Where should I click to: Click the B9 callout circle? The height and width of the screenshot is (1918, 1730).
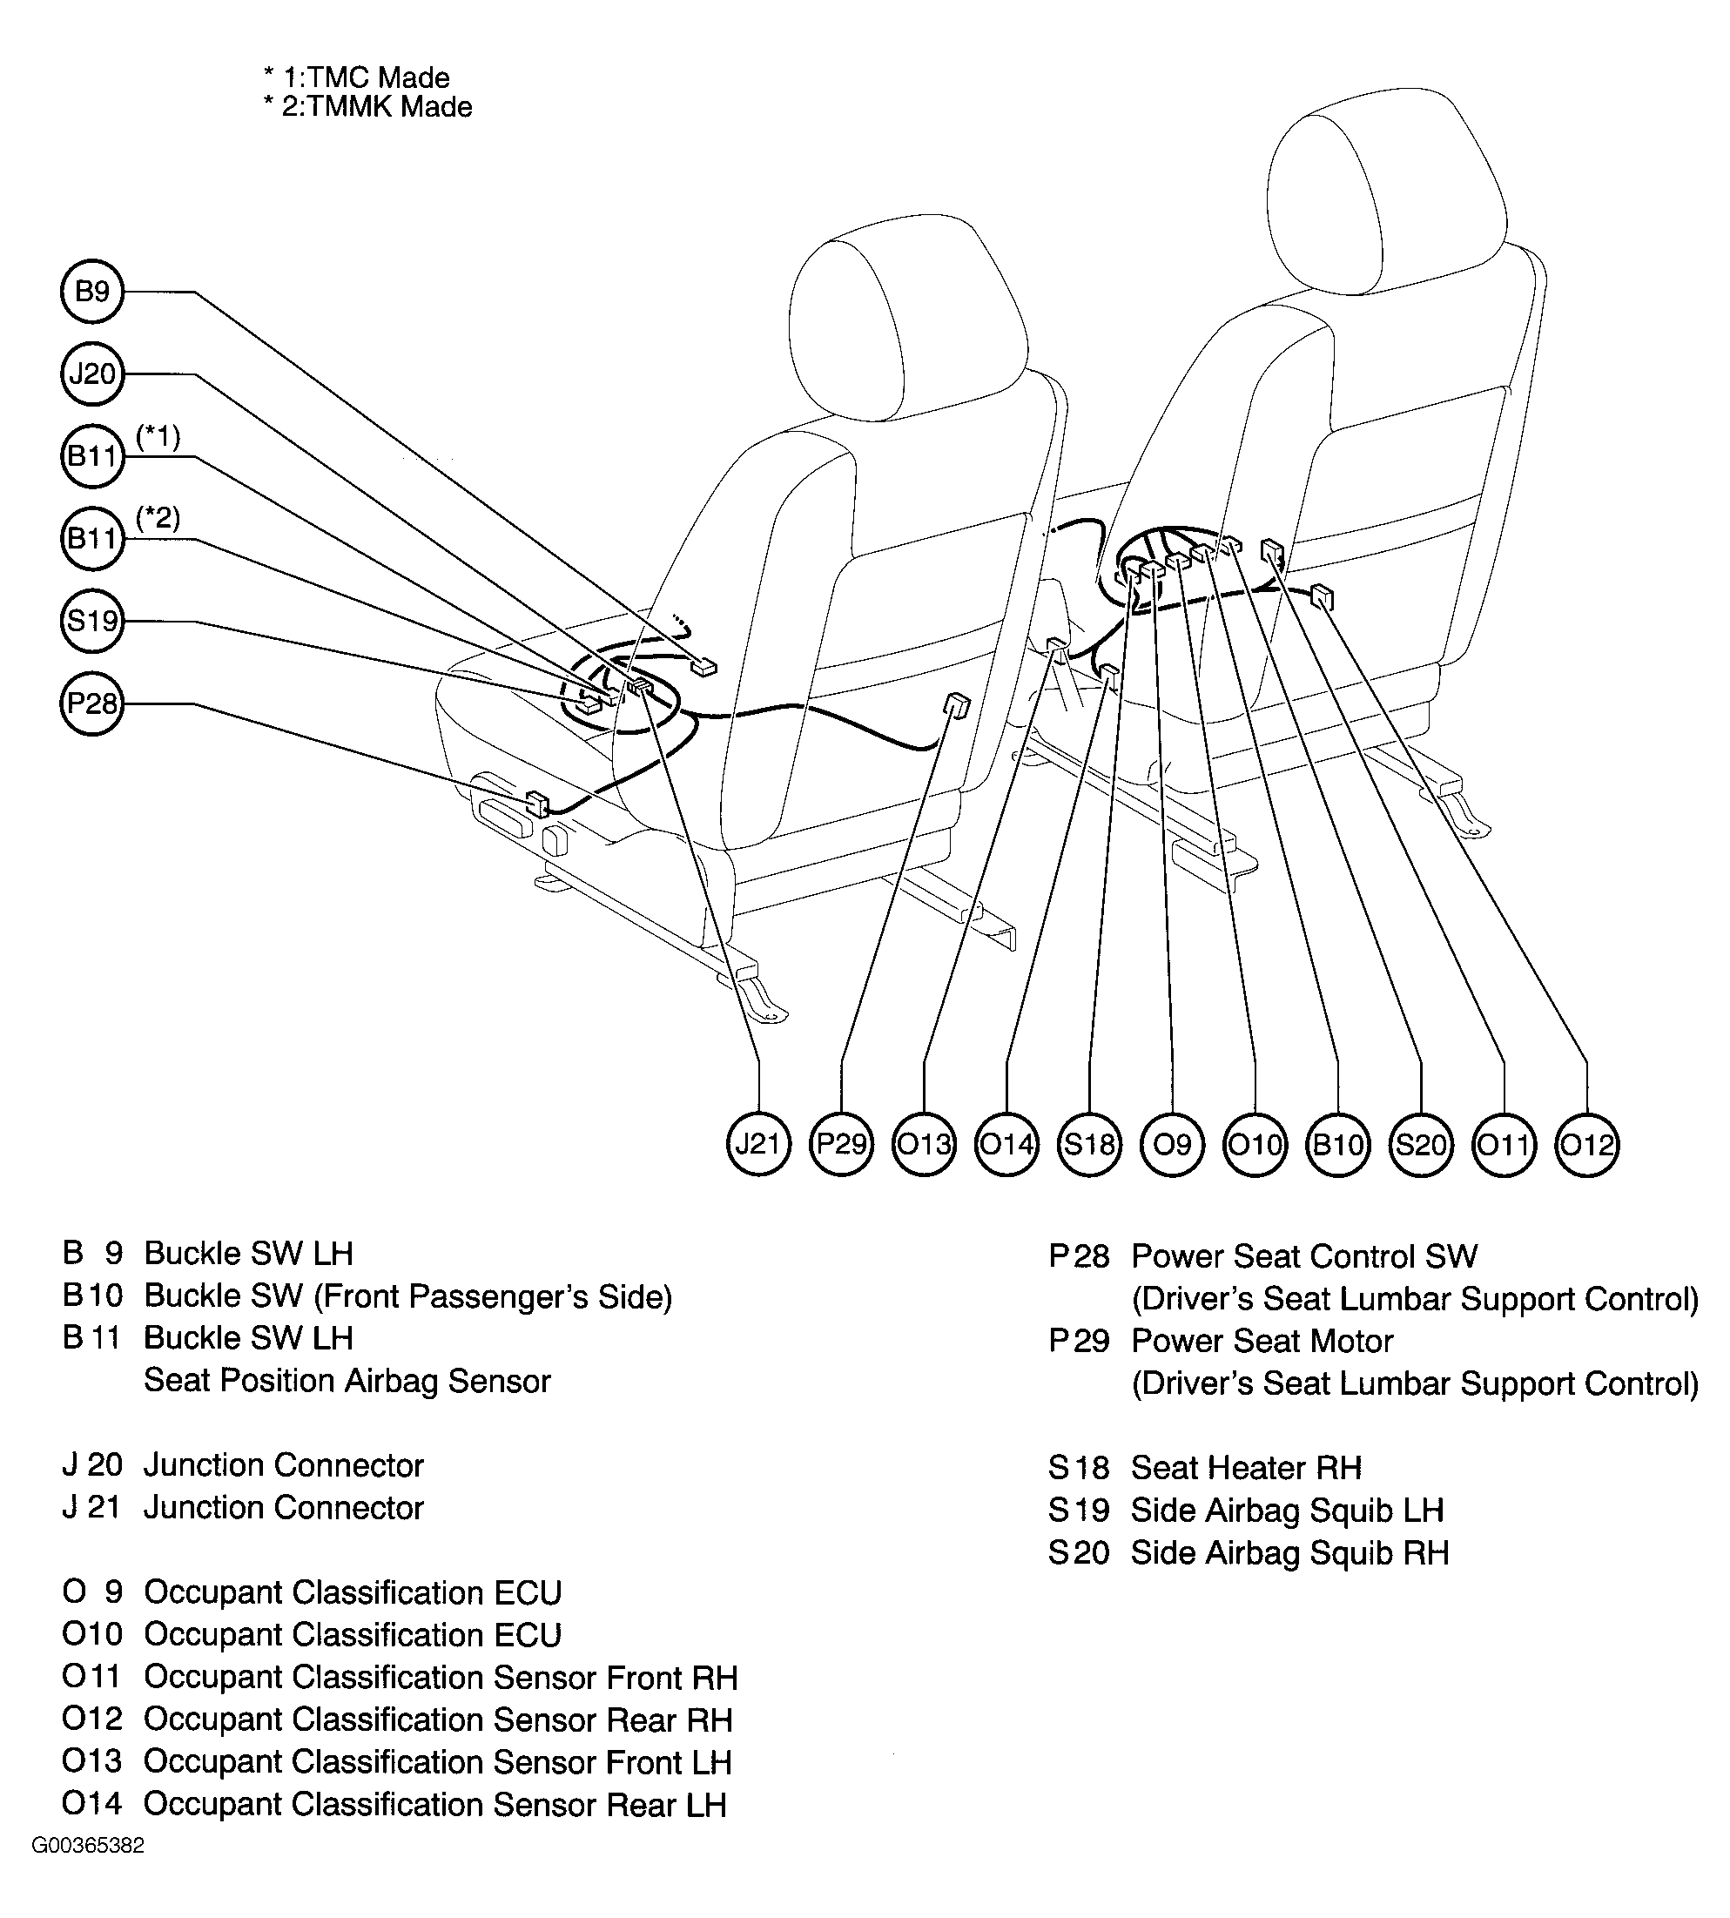92,291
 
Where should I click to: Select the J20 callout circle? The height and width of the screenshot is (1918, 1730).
92,374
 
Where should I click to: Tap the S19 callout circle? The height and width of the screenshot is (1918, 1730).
92,621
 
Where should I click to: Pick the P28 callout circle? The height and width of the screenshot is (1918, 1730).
92,703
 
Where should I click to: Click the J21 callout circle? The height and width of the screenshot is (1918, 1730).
757,1143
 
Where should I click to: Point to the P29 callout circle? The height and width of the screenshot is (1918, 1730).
841,1143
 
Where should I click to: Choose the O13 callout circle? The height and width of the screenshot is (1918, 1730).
924,1143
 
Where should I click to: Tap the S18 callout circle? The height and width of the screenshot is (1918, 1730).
1089,1143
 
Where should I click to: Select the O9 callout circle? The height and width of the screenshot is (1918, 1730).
1172,1143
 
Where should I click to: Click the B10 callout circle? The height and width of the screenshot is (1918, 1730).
1337,1143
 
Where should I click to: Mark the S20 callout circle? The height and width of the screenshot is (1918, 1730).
1420,1143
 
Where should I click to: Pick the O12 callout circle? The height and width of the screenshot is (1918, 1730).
1585,1143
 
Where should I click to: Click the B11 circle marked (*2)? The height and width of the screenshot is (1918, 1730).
92,539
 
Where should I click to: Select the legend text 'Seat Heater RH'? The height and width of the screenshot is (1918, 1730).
1245,1468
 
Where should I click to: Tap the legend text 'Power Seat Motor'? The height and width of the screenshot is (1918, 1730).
1262,1340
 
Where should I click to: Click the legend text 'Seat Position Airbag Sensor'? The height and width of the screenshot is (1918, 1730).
347,1380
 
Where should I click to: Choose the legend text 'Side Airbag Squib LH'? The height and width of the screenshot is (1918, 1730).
1287,1510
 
